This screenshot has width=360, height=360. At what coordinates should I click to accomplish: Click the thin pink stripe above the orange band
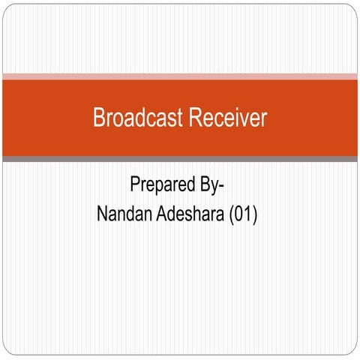tap(180, 76)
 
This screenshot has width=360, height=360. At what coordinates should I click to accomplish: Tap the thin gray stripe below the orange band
tap(180, 158)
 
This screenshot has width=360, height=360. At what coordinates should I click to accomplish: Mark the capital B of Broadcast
tap(98, 118)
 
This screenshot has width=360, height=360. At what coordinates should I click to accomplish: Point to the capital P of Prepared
tap(134, 184)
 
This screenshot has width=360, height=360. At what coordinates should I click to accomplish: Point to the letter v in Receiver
tap(247, 118)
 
